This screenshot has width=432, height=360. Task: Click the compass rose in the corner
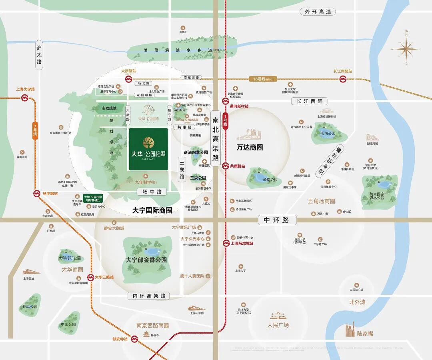[x=406, y=49]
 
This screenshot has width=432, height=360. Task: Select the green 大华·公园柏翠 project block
[x=148, y=149]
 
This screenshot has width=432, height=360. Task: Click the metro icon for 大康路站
[x=129, y=79]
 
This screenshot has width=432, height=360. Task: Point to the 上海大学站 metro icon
[x=25, y=97]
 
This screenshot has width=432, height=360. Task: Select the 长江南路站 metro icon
[x=343, y=79]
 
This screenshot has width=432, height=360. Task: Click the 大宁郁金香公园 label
[x=146, y=260]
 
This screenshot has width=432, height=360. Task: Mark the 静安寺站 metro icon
[x=135, y=339]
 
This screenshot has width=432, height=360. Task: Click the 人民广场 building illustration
[x=278, y=316]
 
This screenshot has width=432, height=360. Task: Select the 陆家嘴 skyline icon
[x=350, y=330]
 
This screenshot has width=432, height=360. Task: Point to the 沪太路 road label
[x=39, y=55]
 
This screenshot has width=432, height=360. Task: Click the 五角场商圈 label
[x=321, y=201]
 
